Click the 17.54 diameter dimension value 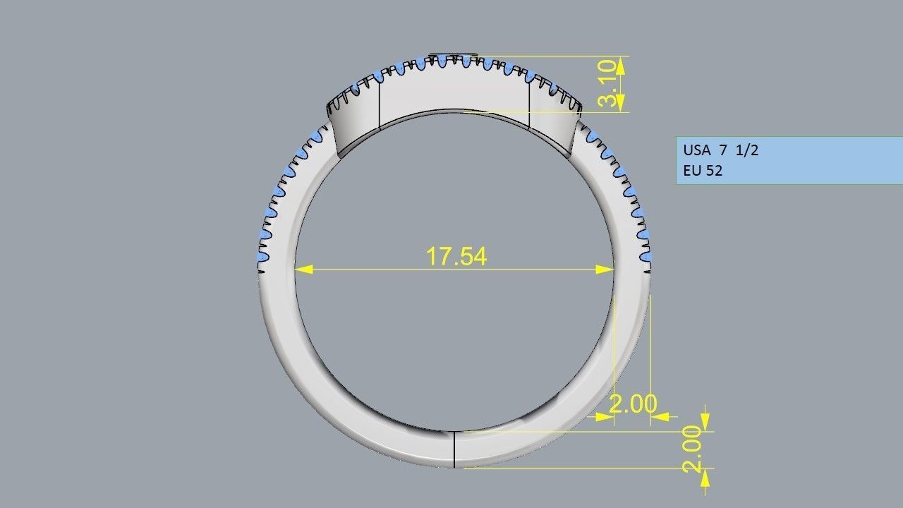[x=456, y=256]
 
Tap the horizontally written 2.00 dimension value [x=632, y=404]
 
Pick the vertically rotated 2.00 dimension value [x=692, y=449]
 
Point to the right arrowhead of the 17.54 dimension [x=605, y=270]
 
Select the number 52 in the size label [x=714, y=171]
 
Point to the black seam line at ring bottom [x=454, y=449]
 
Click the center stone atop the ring [x=454, y=54]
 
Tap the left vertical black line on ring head [x=380, y=104]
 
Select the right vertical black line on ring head [x=529, y=104]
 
